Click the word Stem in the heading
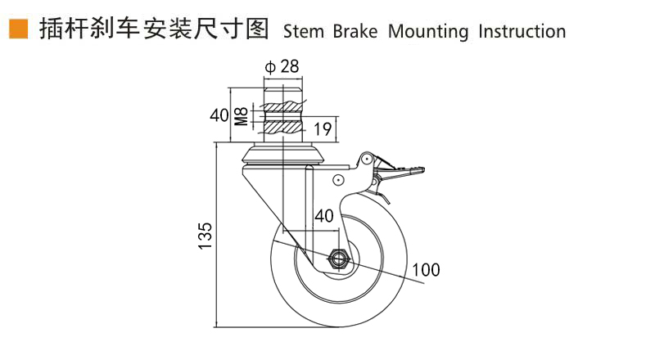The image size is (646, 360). [x=303, y=32]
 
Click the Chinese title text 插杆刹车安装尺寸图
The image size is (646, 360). [x=152, y=30]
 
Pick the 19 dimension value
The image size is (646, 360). [x=323, y=128]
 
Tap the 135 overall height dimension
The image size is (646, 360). [x=206, y=235]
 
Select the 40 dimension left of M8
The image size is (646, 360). [x=218, y=115]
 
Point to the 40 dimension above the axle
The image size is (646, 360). [x=323, y=216]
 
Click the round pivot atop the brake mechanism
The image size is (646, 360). [x=368, y=158]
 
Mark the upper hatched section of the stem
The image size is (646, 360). [x=282, y=107]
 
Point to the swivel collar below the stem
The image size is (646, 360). [x=282, y=153]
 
